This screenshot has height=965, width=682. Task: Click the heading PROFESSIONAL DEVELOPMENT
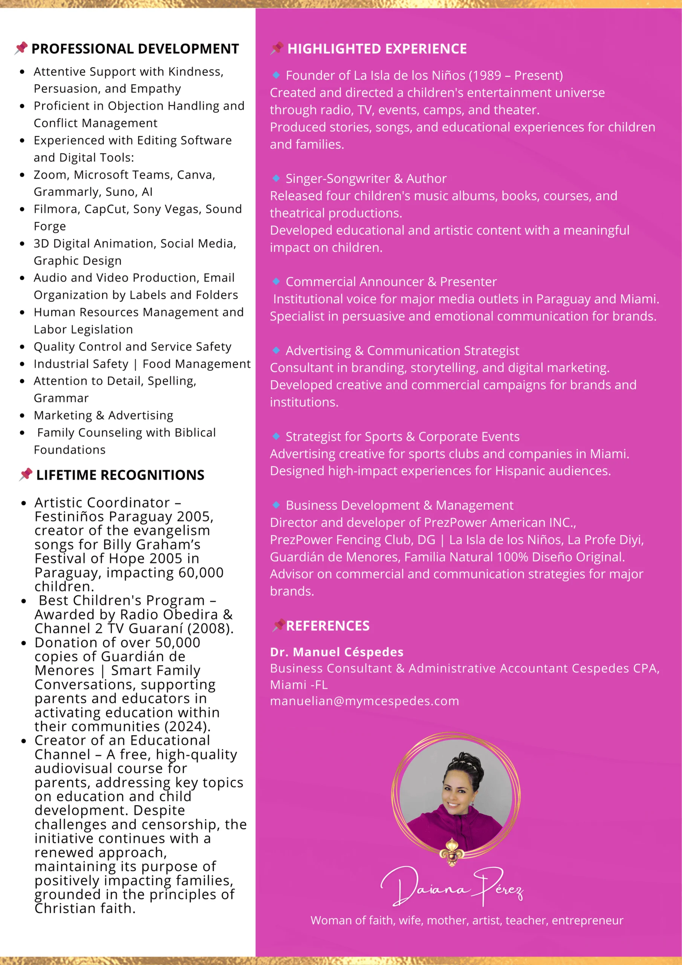(x=135, y=49)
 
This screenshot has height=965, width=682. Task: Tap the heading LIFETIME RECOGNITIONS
(x=120, y=475)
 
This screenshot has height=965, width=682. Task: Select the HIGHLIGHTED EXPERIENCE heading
(x=376, y=49)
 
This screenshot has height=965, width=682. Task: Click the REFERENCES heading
(x=328, y=626)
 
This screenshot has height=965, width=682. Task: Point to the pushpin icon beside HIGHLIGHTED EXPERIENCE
(x=277, y=48)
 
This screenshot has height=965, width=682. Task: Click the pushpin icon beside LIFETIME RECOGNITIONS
(x=26, y=475)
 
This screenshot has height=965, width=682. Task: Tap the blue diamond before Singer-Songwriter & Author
(x=276, y=178)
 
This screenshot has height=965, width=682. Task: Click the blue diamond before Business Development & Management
(x=276, y=505)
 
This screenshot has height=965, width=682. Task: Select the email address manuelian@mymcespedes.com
(x=364, y=701)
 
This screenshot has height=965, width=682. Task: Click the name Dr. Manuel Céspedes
(x=336, y=652)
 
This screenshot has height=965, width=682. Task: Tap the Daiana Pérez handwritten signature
(x=452, y=886)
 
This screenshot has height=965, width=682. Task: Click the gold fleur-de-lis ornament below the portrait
(x=452, y=851)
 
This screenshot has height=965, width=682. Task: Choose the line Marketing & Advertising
(x=103, y=415)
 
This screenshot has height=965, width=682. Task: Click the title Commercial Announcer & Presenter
(x=391, y=282)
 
